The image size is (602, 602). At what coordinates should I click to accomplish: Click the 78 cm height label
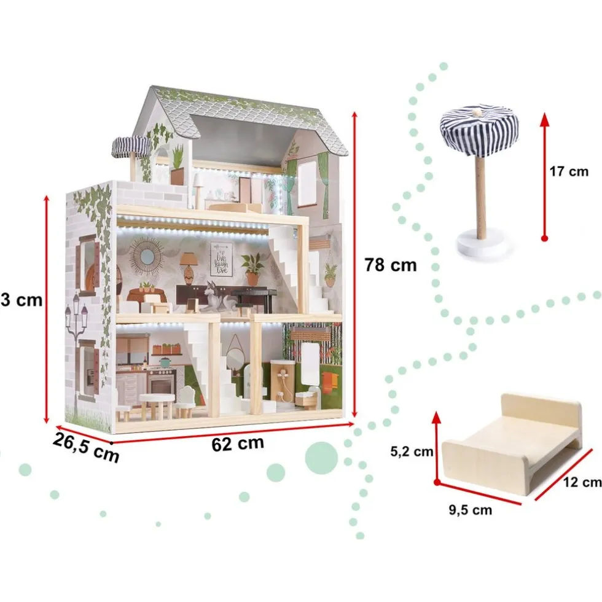(x=390, y=265)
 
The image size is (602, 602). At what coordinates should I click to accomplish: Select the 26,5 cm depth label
(x=85, y=447)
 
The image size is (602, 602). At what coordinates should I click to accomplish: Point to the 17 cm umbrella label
(x=568, y=171)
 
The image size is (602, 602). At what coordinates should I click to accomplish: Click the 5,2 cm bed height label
(x=411, y=452)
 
